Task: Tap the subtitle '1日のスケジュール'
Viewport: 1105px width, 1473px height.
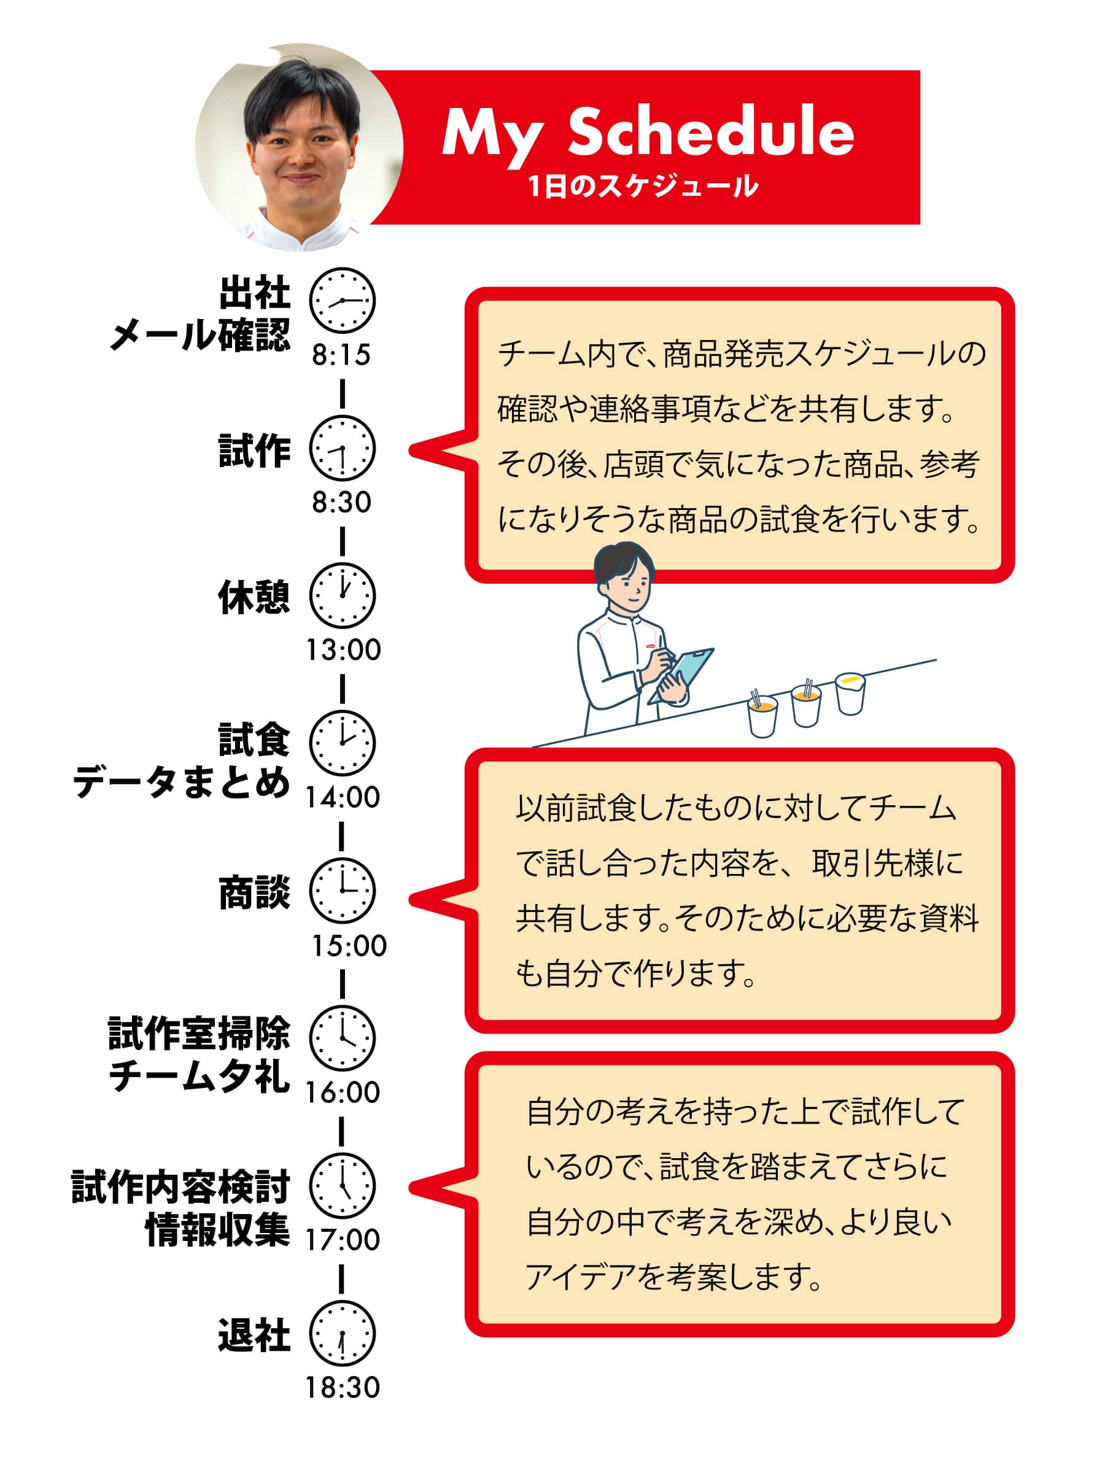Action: click(643, 186)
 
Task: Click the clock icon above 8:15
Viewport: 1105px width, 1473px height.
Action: click(343, 300)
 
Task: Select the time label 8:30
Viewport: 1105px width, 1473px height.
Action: click(342, 502)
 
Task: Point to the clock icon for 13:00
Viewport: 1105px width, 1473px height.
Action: click(343, 595)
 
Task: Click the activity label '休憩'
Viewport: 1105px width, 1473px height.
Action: click(254, 597)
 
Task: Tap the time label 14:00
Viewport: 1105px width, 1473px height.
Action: click(343, 797)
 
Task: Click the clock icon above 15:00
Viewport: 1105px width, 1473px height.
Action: click(343, 891)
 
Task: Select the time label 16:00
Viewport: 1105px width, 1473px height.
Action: click(343, 1092)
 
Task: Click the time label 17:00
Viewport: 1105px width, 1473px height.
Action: click(343, 1240)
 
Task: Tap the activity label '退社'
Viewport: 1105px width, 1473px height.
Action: click(254, 1334)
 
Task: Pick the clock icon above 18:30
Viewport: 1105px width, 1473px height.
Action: click(343, 1333)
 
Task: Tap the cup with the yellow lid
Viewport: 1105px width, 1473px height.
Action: click(850, 693)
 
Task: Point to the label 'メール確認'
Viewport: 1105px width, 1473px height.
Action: click(200, 334)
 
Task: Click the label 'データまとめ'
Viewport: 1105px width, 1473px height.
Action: click(181, 781)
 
